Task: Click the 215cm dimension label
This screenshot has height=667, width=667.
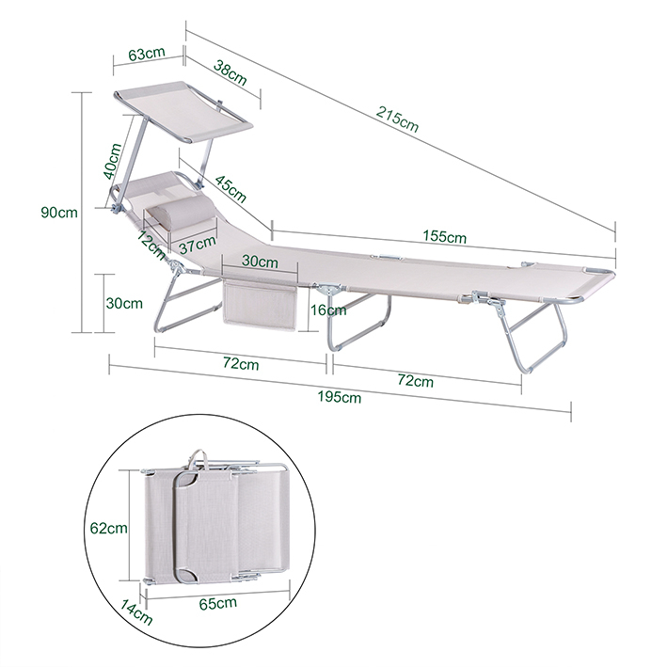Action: pos(397,119)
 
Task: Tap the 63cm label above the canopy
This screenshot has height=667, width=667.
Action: pos(147,54)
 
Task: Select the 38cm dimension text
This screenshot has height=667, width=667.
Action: pos(230,72)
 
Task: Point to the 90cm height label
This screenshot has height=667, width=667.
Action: pos(59,212)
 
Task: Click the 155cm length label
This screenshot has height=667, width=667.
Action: pos(445,236)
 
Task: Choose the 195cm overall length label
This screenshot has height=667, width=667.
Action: pos(340,396)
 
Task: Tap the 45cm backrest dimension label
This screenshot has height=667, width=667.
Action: pos(230,188)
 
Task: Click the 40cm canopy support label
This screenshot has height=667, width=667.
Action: pos(113,161)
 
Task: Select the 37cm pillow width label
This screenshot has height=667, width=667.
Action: pos(198,245)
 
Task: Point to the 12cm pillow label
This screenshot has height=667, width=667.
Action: pos(151,245)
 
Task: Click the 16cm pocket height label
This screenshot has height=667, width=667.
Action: pos(328,310)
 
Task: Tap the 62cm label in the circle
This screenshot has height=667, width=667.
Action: pos(109,528)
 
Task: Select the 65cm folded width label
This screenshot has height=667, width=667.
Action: pos(218,603)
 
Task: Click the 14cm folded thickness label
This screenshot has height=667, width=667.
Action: pos(135,611)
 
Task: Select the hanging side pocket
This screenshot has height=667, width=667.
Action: pos(260,305)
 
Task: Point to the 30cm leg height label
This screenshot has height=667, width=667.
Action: pos(124,303)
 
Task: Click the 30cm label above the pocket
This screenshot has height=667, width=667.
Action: pos(260,262)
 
